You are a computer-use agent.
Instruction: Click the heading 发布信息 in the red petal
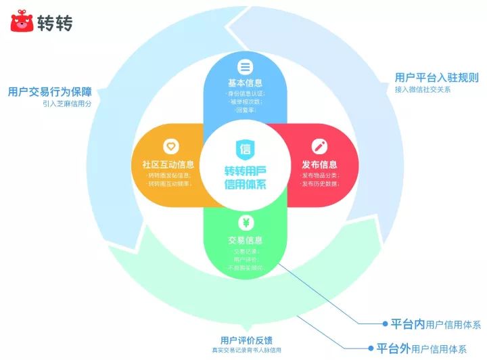tap(320, 164)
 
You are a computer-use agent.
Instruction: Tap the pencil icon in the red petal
tap(319, 146)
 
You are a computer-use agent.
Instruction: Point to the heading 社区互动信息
tap(168, 164)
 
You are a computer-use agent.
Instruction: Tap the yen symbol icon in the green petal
tap(244, 223)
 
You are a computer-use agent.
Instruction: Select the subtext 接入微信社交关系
tap(423, 89)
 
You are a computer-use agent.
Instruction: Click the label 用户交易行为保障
tap(50, 91)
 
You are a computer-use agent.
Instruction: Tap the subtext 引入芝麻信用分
tap(66, 104)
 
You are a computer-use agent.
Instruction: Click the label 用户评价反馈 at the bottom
tap(246, 339)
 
